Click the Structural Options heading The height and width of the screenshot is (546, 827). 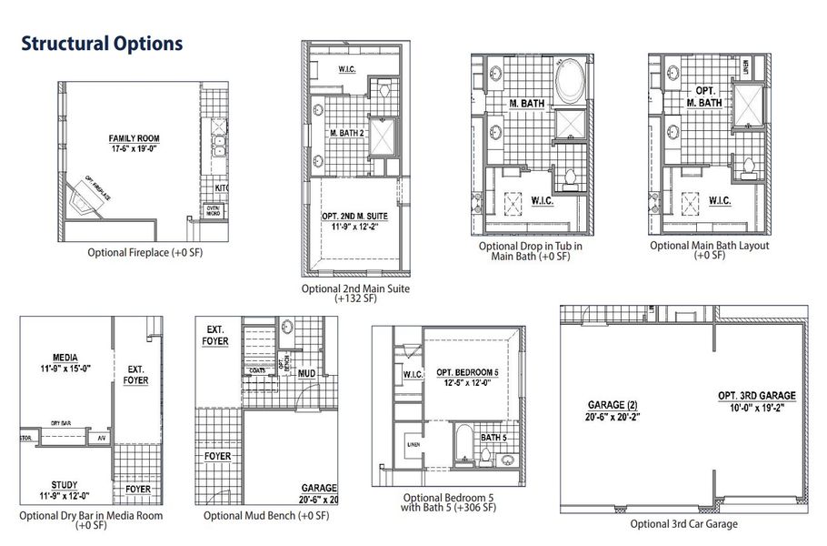(x=102, y=44)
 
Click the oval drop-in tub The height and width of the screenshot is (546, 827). (x=571, y=83)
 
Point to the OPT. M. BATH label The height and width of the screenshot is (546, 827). (x=709, y=97)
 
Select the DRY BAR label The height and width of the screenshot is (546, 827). (x=62, y=423)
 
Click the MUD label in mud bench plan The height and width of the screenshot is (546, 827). (x=306, y=374)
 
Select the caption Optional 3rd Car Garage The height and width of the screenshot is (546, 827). (x=683, y=524)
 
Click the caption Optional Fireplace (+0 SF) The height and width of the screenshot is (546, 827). (x=145, y=252)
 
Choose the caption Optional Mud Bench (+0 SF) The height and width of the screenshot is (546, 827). (x=266, y=516)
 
